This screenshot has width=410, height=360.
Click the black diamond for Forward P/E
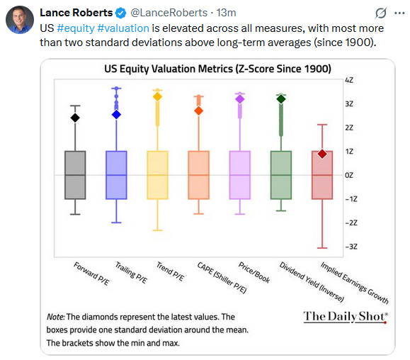click(75, 118)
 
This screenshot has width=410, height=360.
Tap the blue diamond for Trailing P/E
click(117, 114)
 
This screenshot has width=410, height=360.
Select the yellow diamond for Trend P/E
click(158, 96)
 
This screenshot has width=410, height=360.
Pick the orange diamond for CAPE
click(199, 111)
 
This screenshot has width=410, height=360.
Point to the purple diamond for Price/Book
click(239, 99)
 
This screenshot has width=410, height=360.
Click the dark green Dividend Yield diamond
click(281, 99)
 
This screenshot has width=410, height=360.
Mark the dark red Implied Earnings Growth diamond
click(322, 154)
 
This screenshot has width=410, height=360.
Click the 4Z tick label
click(348, 80)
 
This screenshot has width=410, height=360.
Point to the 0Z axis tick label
click(348, 175)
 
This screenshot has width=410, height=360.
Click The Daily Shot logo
click(346, 316)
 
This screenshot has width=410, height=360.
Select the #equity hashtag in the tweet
click(79, 28)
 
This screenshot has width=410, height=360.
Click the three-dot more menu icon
click(397, 13)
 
